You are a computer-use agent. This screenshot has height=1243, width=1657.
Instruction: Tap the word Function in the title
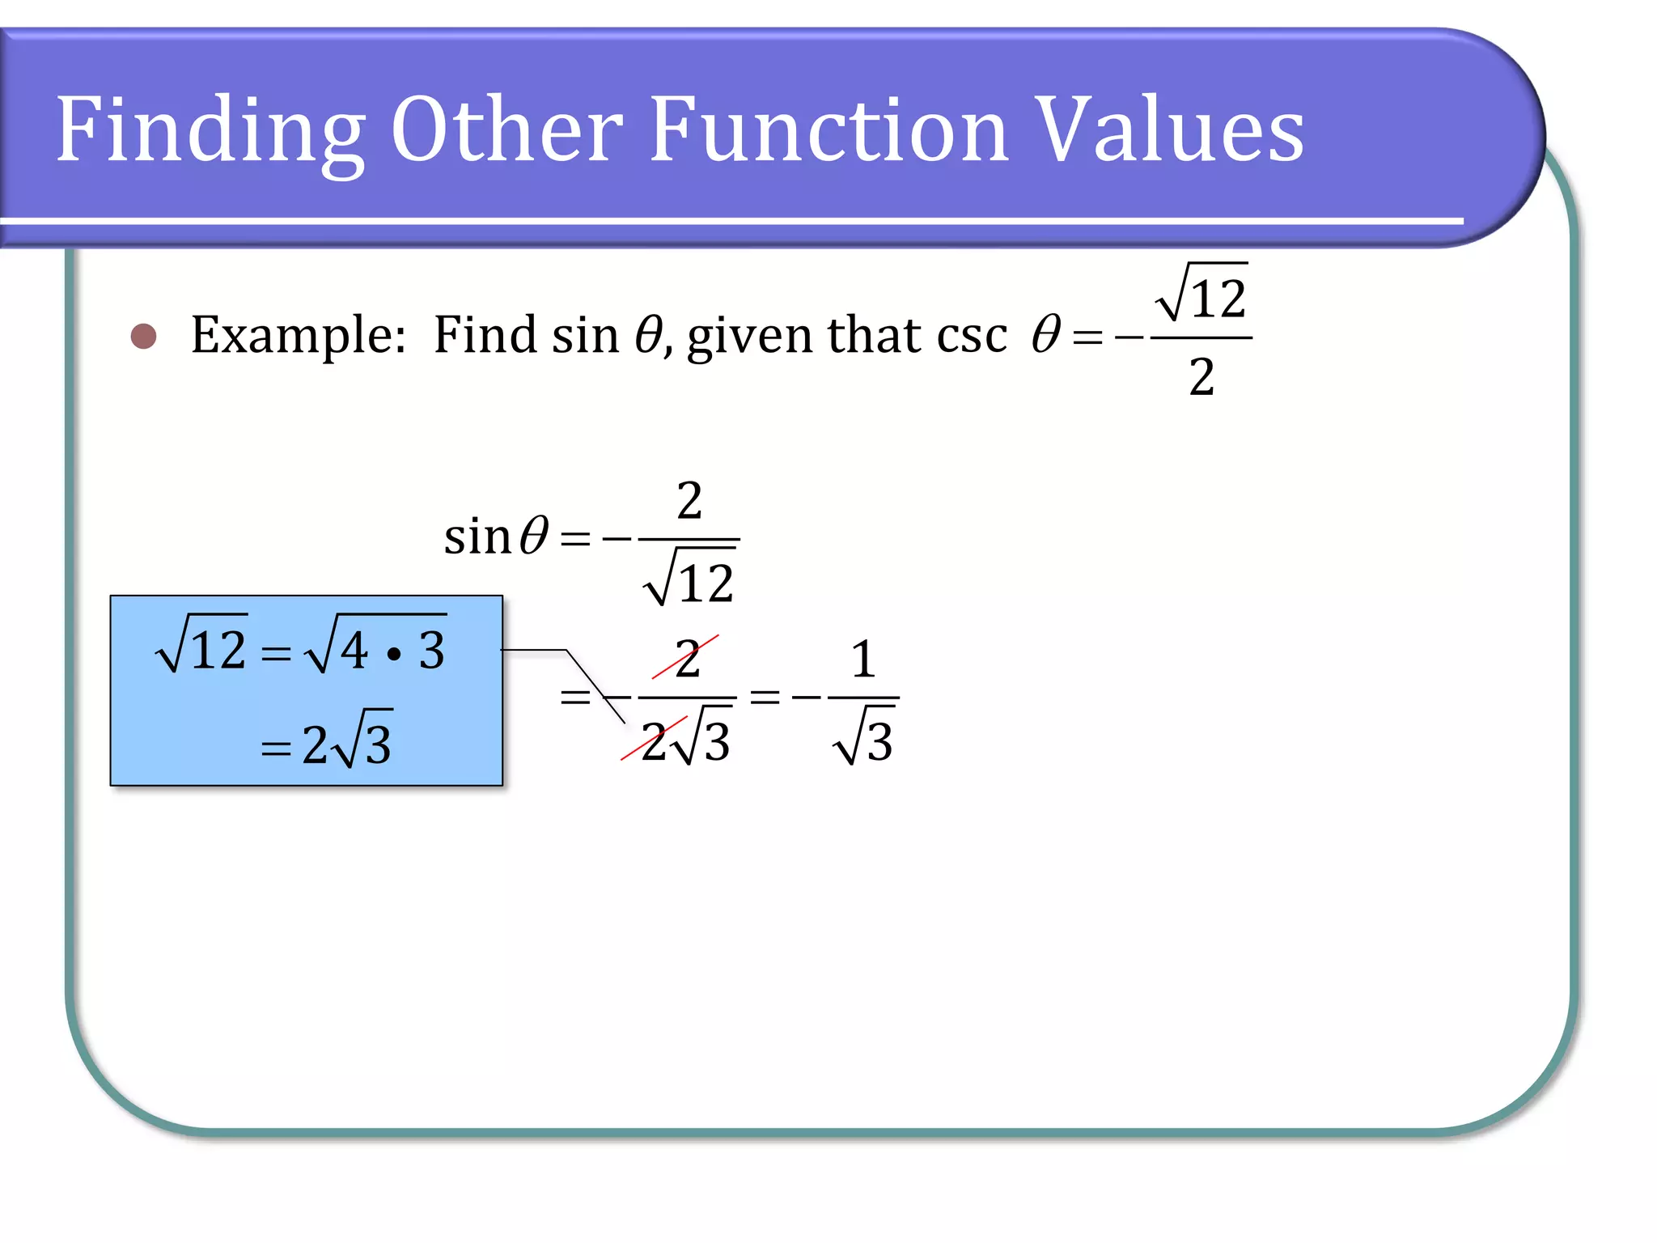[x=828, y=129]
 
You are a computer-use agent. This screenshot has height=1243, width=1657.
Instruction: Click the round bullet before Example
[x=143, y=337]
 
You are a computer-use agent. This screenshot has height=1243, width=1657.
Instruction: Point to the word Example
[x=298, y=335]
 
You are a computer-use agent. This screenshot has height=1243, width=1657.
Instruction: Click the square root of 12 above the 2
[x=1202, y=295]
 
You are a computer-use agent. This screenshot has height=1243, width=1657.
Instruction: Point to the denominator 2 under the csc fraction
[x=1201, y=377]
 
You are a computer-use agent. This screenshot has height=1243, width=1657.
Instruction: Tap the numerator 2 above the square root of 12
[x=689, y=501]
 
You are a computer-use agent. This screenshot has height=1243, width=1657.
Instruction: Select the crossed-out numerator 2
[x=687, y=659]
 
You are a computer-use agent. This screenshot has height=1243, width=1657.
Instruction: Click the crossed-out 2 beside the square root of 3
[x=654, y=741]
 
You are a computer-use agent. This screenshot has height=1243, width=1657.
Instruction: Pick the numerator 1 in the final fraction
[x=863, y=659]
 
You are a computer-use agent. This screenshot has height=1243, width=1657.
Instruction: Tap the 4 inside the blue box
[x=354, y=650]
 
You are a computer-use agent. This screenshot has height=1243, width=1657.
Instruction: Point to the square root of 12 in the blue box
[x=202, y=647]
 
